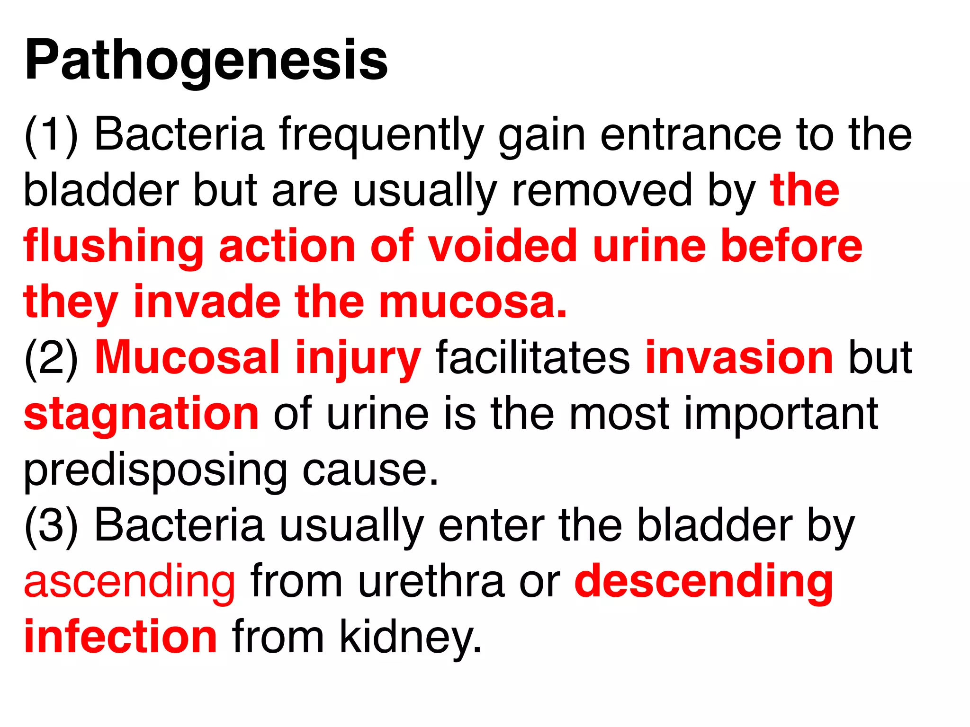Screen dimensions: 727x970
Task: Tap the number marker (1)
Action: [51, 136]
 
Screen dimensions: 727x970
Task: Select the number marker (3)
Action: [51, 527]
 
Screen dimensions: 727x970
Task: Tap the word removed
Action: [602, 191]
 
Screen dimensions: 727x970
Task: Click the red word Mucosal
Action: [188, 358]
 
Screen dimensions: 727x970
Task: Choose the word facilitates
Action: [533, 358]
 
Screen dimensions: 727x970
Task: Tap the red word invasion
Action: [739, 358]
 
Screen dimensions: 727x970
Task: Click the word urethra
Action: [431, 582]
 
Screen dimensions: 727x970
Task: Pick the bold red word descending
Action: [704, 583]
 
